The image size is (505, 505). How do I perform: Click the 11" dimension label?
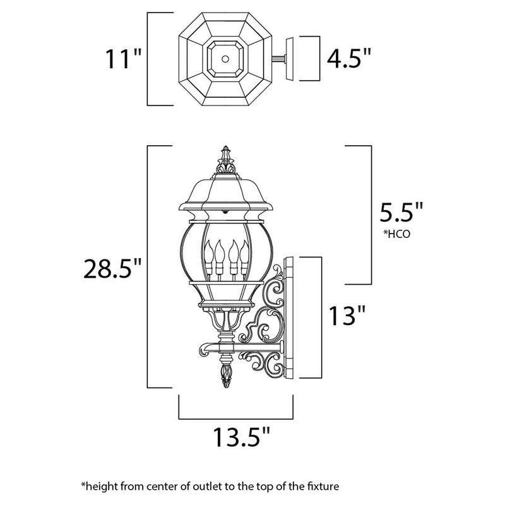(123, 60)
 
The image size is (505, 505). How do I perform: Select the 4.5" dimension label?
(348, 60)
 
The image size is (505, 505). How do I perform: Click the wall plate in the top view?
(292, 59)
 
